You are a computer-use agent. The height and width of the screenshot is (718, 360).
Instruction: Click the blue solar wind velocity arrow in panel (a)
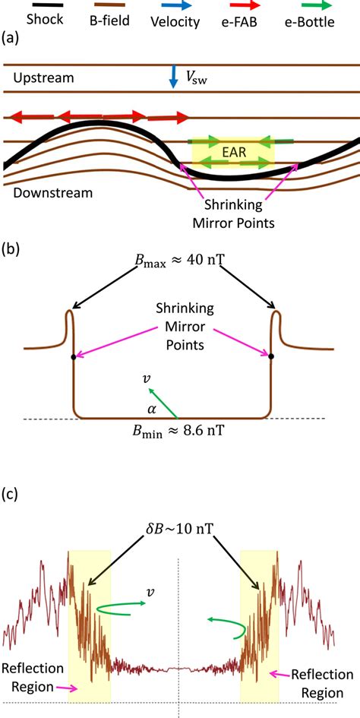[173, 76]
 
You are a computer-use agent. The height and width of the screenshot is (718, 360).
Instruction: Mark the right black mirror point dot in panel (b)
[271, 355]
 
